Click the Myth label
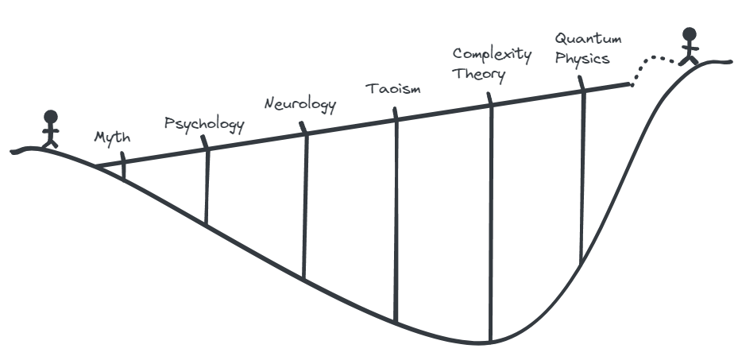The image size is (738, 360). point(113,137)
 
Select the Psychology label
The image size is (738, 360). point(203,124)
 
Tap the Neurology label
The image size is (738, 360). point(300,104)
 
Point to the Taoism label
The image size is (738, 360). point(392,87)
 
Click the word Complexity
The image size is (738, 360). point(492,55)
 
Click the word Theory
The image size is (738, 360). point(478,74)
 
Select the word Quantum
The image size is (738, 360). point(588,38)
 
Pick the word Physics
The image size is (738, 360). point(582,58)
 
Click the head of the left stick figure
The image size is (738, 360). point(51,116)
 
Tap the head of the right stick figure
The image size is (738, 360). point(690,34)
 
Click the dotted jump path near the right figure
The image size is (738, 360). point(655,60)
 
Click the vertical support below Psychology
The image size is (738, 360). point(207,187)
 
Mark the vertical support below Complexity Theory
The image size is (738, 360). point(490,223)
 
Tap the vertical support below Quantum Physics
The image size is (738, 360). point(582,175)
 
